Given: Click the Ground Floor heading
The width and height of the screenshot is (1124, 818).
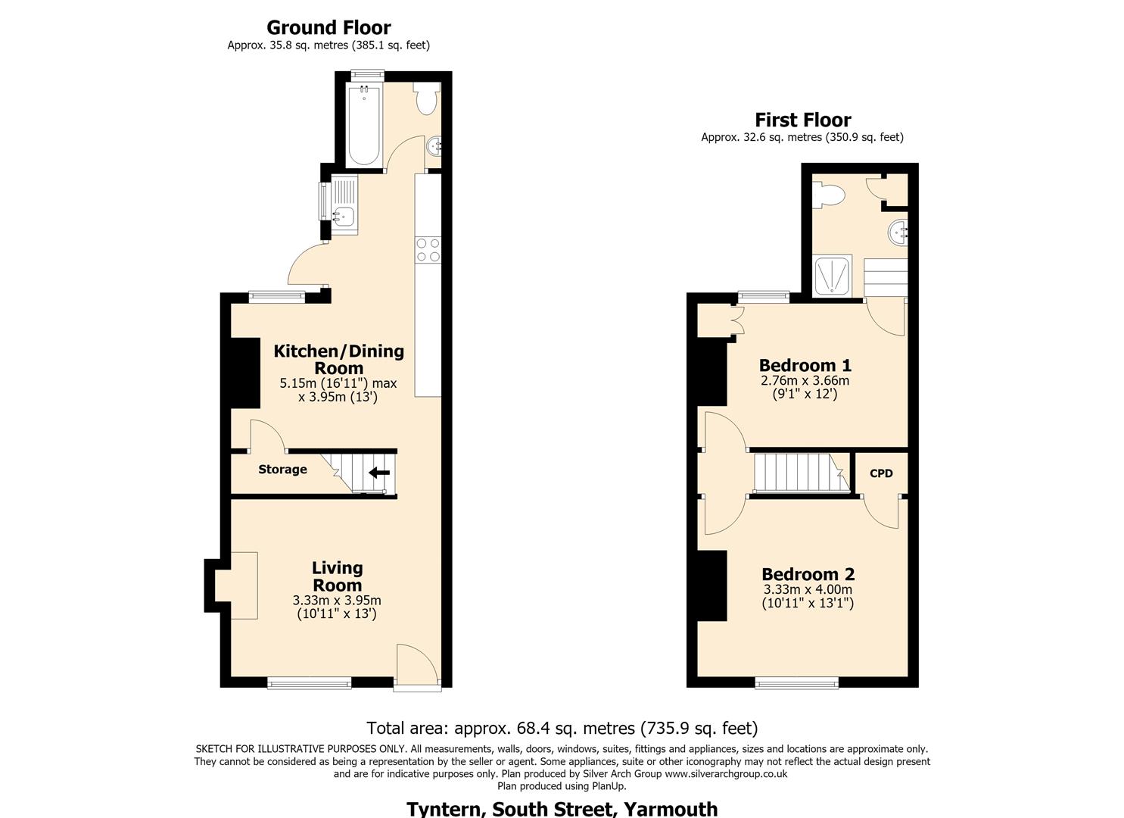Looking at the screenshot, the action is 328,27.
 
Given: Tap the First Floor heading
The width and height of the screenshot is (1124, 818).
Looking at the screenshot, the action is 803,120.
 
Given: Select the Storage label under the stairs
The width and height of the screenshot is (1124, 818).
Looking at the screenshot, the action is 282,470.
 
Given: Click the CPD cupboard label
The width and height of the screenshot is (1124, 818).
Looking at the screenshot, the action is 881,473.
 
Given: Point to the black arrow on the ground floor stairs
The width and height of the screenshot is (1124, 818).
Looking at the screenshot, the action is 379,473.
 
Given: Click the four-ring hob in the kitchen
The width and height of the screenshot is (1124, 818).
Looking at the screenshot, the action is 428,250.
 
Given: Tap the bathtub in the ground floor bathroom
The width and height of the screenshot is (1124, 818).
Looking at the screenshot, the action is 364,125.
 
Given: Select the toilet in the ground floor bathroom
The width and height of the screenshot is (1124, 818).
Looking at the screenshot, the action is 427,98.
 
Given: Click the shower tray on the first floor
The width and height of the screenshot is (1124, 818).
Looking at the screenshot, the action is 832,276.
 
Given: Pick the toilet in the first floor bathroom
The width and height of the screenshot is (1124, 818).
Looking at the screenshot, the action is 829,195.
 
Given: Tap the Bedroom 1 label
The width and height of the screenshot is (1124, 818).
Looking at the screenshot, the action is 805,365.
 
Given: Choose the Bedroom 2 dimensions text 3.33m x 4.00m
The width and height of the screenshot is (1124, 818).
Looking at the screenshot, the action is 808,589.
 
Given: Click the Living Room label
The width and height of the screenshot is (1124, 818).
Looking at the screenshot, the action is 338,576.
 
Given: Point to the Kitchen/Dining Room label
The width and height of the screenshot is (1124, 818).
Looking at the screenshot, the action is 338,359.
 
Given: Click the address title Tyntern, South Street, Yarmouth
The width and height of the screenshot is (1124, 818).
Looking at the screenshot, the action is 562,808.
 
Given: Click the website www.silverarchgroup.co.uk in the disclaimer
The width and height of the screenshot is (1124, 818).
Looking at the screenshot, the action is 726,774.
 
